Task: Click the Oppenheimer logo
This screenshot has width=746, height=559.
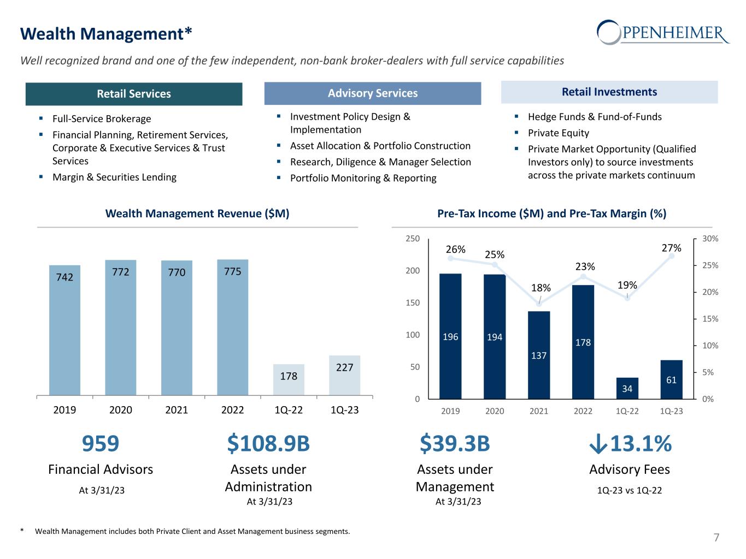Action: click(663, 32)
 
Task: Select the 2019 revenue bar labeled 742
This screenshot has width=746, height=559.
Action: click(64, 330)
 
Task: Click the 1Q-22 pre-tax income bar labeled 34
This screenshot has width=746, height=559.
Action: click(627, 388)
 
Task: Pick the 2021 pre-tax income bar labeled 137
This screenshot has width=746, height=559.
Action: click(539, 355)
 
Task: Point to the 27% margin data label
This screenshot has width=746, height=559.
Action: click(672, 248)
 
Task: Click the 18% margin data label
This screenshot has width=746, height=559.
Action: click(541, 288)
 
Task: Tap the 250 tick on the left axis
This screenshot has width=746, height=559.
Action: click(413, 239)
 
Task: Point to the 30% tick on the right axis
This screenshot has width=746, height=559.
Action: click(710, 239)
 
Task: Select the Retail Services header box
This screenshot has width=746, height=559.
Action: click(134, 94)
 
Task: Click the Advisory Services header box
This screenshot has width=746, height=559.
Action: click(373, 93)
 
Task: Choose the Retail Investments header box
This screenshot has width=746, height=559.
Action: click(609, 92)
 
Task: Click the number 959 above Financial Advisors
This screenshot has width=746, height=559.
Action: click(101, 444)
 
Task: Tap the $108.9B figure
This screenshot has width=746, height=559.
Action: click(268, 444)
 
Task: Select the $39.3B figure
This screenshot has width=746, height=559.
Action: click(455, 444)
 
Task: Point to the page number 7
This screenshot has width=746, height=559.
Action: click(716, 538)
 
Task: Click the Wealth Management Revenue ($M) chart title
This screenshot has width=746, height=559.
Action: click(197, 213)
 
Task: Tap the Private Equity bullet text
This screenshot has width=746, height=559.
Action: click(558, 133)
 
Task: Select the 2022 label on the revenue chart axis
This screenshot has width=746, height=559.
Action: click(232, 409)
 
